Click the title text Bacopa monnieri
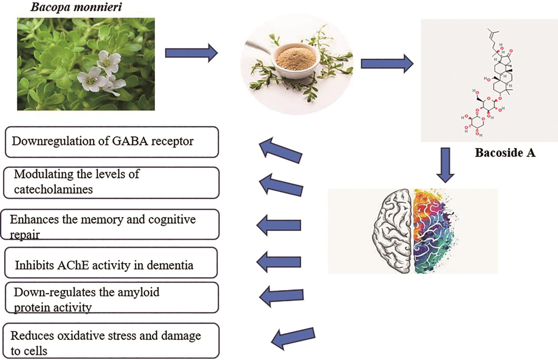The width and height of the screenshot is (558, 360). [76, 7]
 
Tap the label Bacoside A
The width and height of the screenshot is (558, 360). [505, 153]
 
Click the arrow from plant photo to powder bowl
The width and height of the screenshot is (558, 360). [191, 53]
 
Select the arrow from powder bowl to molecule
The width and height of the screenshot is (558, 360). [387, 64]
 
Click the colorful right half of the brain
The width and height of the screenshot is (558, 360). [432, 231]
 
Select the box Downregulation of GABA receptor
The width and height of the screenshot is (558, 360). [112, 142]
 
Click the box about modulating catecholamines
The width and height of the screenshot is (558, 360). [111, 182]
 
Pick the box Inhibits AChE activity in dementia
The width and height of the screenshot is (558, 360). [111, 263]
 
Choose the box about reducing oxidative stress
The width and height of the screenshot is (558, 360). [111, 341]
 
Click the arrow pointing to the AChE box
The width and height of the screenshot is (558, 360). [279, 262]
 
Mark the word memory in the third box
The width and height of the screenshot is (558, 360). [102, 219]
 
